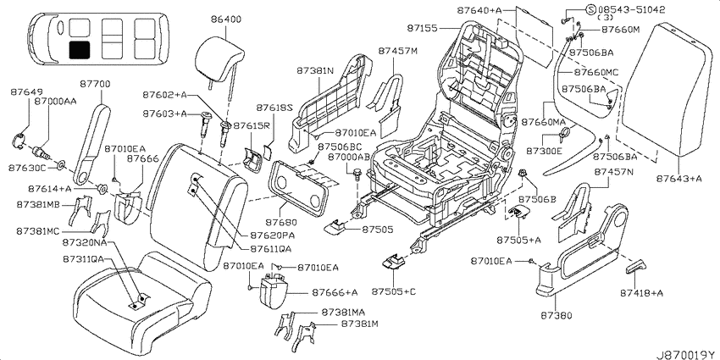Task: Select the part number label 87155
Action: tap(422, 28)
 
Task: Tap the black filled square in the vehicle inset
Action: tap(80, 50)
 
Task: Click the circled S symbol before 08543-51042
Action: tap(591, 9)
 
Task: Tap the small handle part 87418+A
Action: tap(635, 267)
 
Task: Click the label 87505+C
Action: tap(394, 291)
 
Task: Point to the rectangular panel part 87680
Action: tap(298, 187)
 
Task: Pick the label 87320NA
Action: tap(85, 242)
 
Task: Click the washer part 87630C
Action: tap(61, 164)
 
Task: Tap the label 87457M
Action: tap(397, 51)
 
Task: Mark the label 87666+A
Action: tap(335, 291)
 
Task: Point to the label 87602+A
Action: tap(165, 96)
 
